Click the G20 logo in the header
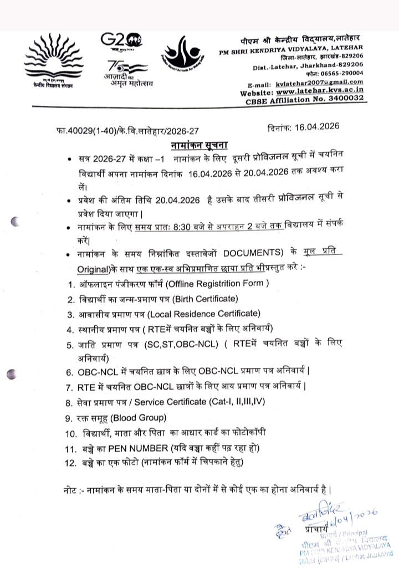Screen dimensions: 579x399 point(121,41)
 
